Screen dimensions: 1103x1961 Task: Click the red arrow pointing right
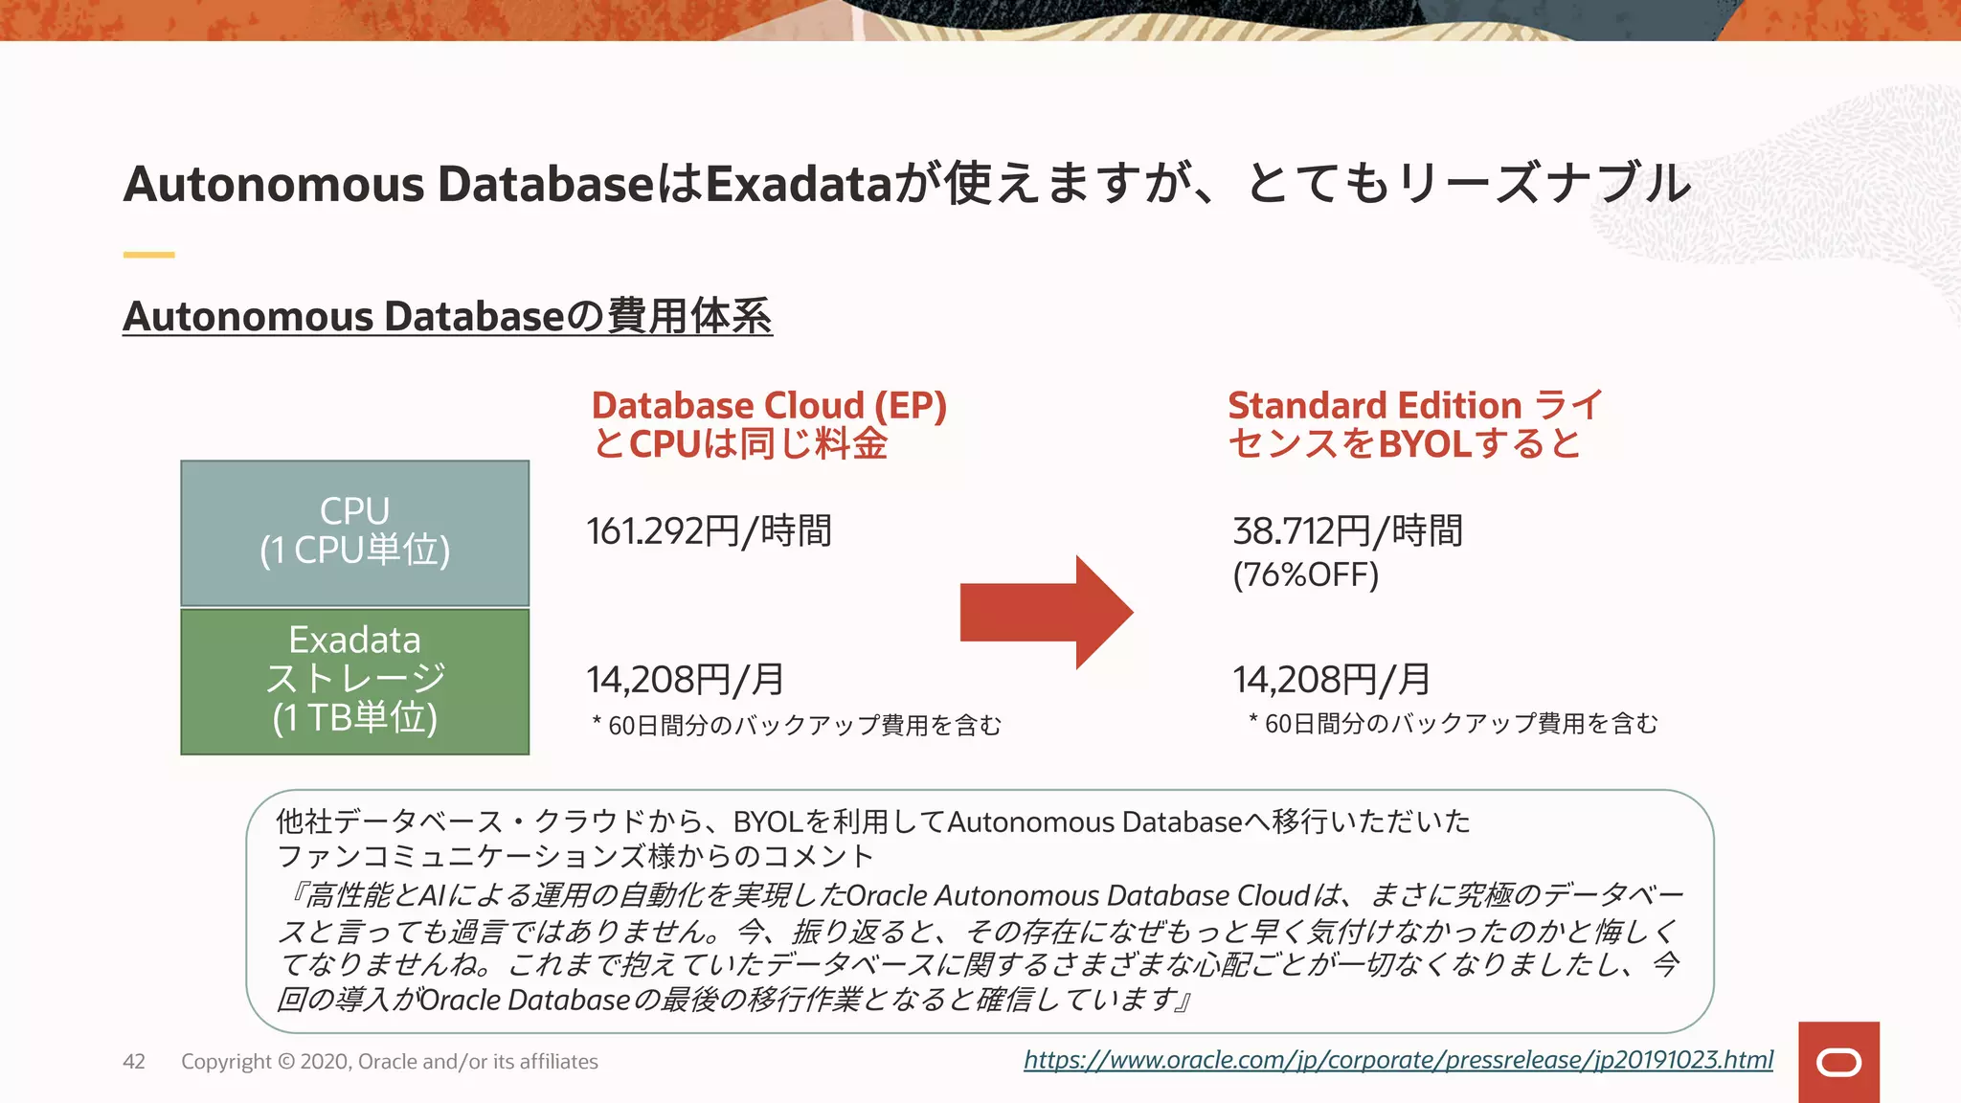click(x=1046, y=613)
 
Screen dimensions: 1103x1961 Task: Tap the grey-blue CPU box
click(x=354, y=532)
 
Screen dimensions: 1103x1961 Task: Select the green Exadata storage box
click(x=354, y=681)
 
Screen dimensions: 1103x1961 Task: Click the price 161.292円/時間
click(x=709, y=530)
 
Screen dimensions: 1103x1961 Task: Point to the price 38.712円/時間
click(x=1347, y=530)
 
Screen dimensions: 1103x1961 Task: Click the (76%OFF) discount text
click(x=1305, y=574)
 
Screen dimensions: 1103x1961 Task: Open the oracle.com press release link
click(x=1398, y=1060)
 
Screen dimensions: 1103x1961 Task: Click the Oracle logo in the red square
click(x=1838, y=1063)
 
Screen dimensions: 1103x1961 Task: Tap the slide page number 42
click(x=134, y=1061)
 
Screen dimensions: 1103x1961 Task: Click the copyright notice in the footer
click(x=389, y=1061)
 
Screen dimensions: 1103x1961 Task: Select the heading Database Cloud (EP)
click(x=768, y=405)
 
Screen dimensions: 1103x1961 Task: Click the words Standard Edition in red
click(x=1375, y=405)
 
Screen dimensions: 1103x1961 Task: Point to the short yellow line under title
click(x=148, y=255)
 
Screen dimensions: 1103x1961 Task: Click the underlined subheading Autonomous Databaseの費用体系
click(x=447, y=316)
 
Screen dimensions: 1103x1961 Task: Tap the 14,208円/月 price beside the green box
click(x=686, y=680)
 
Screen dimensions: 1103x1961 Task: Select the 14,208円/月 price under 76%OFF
click(x=1332, y=680)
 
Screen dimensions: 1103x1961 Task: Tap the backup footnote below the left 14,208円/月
click(x=797, y=725)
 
